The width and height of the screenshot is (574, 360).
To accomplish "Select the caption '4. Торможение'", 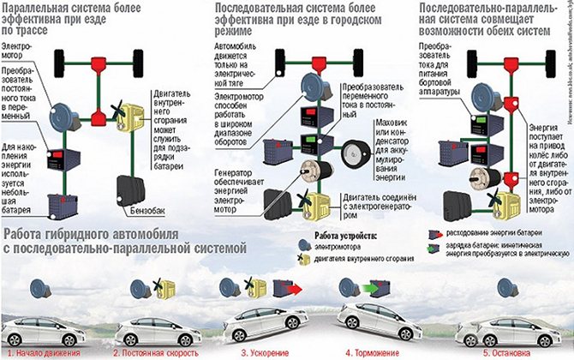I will (374, 351).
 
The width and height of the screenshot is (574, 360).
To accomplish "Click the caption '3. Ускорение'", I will (261, 351).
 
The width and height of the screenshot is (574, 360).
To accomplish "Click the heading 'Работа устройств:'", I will (344, 236).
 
